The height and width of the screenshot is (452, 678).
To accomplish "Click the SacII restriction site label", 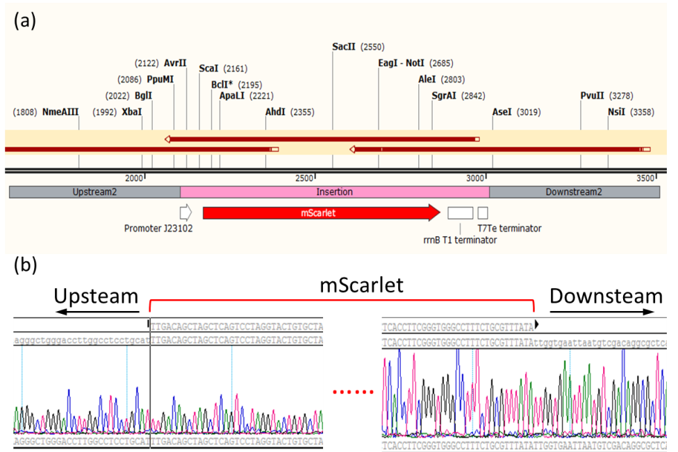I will (x=344, y=47).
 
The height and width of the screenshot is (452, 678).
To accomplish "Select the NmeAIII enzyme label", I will (x=60, y=112).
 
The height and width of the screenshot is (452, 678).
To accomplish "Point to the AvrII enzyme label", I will (x=175, y=63).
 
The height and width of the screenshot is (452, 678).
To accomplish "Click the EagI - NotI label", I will (x=401, y=63).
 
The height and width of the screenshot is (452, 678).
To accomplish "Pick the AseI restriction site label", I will (x=502, y=112).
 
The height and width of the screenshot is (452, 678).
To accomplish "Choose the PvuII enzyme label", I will (x=593, y=96).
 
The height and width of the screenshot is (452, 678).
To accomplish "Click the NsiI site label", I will (x=616, y=112).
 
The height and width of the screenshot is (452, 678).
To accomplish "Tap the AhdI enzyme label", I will (x=275, y=112).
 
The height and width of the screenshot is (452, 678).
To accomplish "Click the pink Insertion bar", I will (x=335, y=192).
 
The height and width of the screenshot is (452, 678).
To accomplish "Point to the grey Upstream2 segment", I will (x=94, y=192).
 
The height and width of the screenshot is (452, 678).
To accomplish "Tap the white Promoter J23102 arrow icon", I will (x=185, y=212).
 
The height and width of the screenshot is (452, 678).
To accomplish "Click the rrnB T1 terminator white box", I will (x=460, y=212).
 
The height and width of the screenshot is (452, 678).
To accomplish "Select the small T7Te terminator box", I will (x=483, y=212).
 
